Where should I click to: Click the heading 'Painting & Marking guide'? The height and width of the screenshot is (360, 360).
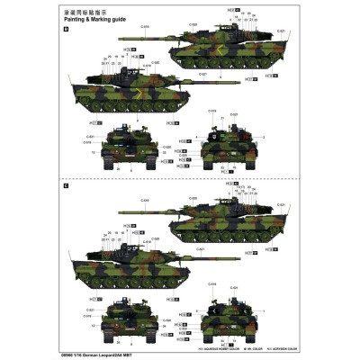pos(94,18)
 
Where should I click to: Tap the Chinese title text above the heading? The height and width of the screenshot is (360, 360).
pos(90,10)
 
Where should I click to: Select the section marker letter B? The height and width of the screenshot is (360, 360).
pos(66,29)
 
